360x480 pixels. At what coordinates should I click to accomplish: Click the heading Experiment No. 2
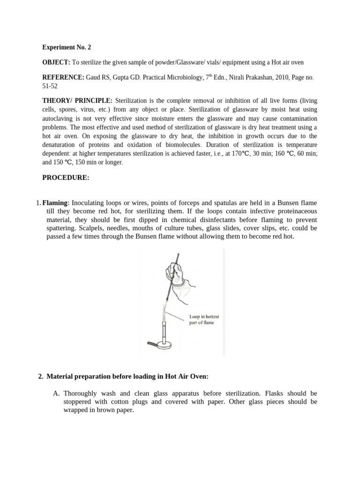66,47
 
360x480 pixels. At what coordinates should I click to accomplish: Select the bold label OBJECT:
56,62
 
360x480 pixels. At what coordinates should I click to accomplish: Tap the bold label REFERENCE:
63,77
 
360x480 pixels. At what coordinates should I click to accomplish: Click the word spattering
61,228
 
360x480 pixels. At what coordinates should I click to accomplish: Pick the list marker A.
56,393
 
